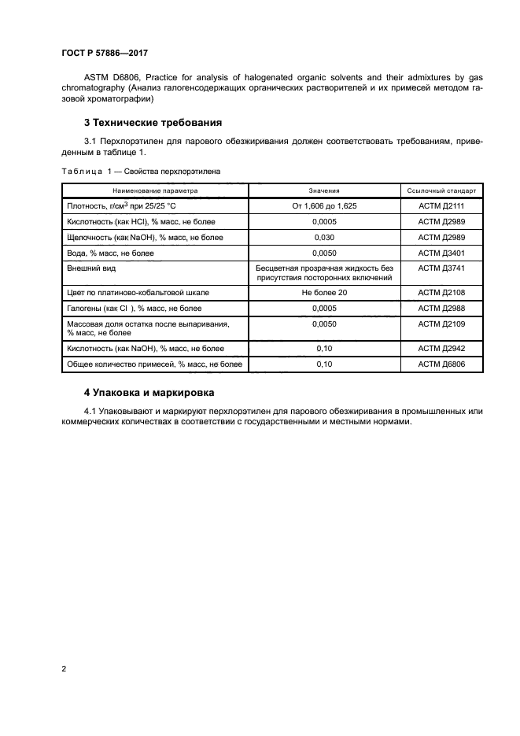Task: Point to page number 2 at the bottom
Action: click(x=63, y=669)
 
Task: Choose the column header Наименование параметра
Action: click(x=155, y=190)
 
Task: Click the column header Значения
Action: click(x=324, y=190)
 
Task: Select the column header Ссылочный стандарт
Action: click(x=441, y=190)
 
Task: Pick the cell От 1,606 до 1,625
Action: click(x=324, y=205)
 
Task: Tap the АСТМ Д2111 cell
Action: click(x=441, y=205)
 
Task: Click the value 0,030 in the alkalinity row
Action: click(x=324, y=237)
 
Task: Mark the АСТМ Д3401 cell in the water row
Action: click(x=441, y=253)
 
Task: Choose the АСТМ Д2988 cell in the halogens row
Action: click(x=441, y=309)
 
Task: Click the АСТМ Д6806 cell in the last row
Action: click(x=441, y=364)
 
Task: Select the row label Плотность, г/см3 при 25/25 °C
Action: click(x=124, y=205)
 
